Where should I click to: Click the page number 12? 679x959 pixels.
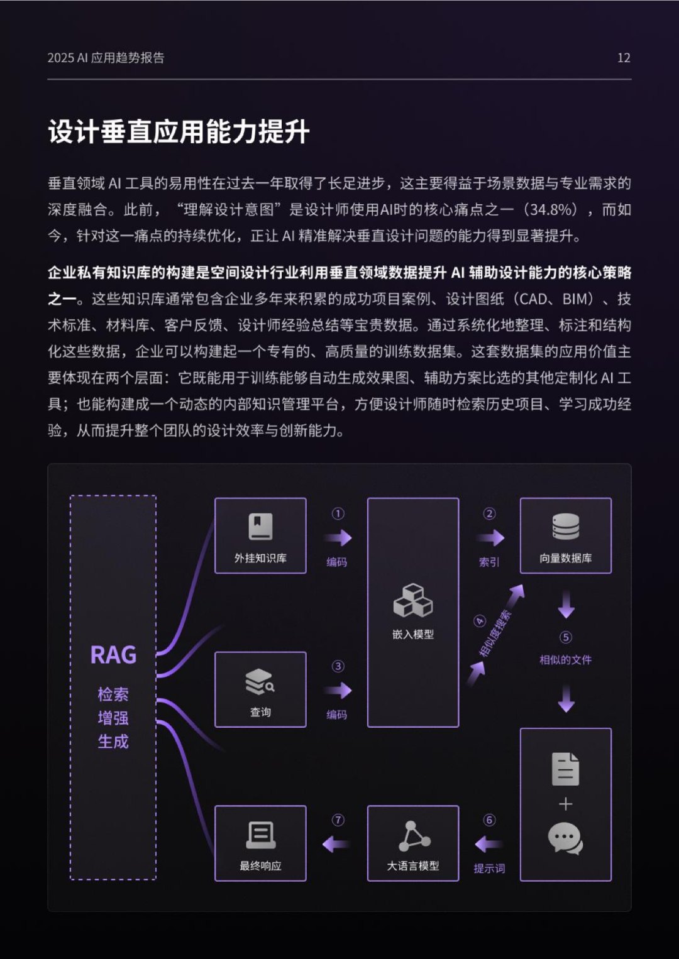[x=624, y=58]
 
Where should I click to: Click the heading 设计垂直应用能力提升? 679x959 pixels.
[x=179, y=132]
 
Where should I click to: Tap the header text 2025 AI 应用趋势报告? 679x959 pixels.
[x=106, y=58]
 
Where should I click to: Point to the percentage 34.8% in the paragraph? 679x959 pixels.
[x=553, y=209]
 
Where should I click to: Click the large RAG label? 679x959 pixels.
[x=113, y=655]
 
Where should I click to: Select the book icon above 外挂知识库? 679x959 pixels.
[x=260, y=527]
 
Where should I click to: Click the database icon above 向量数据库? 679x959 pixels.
[x=566, y=527]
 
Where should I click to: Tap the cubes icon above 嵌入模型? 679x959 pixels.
[x=413, y=600]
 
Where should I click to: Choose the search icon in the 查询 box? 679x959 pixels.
[x=260, y=681]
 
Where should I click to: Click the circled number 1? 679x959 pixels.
[x=338, y=513]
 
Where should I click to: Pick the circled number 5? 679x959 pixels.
[x=566, y=637]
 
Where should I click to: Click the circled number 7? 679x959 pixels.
[x=338, y=820]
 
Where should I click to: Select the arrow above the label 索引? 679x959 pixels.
[x=490, y=538]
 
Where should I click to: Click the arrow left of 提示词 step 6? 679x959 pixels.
[x=489, y=844]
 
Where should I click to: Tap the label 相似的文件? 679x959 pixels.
[x=566, y=660]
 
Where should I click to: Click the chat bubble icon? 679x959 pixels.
[x=565, y=838]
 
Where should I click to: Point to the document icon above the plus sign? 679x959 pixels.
[x=565, y=769]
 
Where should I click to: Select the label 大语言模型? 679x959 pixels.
[x=413, y=866]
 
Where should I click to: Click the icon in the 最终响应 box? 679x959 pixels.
[x=260, y=835]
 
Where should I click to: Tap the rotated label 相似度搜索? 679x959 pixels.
[x=495, y=633]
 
